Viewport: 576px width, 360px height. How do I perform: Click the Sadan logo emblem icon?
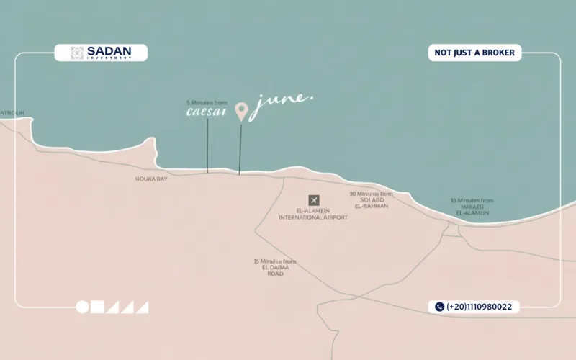click(x=77, y=53)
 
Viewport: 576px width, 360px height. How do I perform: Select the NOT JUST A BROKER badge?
click(x=474, y=53)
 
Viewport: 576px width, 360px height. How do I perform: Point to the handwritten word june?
click(x=282, y=102)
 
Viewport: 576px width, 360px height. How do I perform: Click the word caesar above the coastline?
click(x=207, y=112)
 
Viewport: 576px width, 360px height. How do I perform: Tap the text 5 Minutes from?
click(x=207, y=103)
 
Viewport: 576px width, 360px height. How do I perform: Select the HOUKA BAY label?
click(x=151, y=178)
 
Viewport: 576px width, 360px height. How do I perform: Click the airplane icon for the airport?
click(x=313, y=199)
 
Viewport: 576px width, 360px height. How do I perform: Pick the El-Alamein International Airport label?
click(x=313, y=214)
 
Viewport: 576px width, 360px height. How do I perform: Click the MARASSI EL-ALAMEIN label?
click(x=471, y=207)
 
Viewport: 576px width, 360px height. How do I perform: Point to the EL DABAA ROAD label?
click(x=275, y=267)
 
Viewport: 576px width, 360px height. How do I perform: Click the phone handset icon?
click(x=438, y=307)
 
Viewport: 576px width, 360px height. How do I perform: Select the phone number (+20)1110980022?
click(x=479, y=307)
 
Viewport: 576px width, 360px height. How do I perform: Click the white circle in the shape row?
click(x=83, y=307)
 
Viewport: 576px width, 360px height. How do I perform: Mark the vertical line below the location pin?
click(x=240, y=148)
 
